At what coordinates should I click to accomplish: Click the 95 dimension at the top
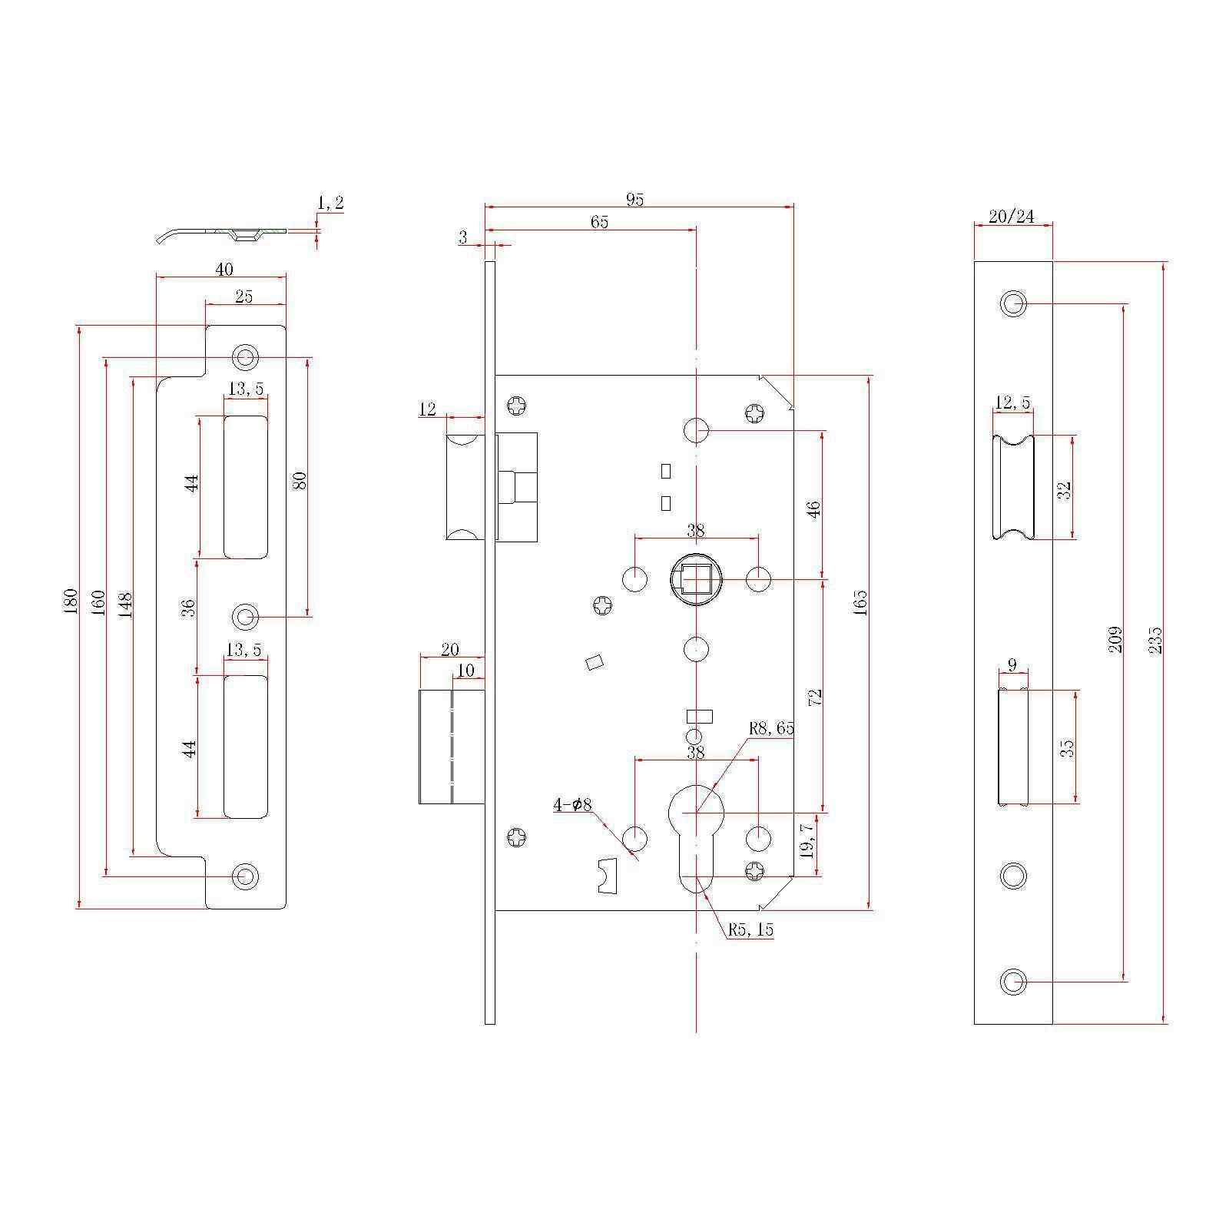pyautogui.click(x=634, y=200)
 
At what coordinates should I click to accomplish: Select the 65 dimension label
pyautogui.click(x=599, y=222)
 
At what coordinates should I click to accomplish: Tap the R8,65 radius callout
pyautogui.click(x=772, y=728)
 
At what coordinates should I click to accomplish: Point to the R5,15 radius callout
pyautogui.click(x=751, y=929)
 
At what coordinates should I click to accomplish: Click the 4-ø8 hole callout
pyautogui.click(x=572, y=805)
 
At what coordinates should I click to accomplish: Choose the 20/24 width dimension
pyautogui.click(x=1012, y=217)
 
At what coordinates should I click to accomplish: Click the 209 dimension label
pyautogui.click(x=1115, y=640)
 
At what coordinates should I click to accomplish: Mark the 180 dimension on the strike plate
pyautogui.click(x=70, y=600)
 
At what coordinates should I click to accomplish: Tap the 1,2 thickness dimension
pyautogui.click(x=330, y=203)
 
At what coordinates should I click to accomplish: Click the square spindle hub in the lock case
pyautogui.click(x=695, y=578)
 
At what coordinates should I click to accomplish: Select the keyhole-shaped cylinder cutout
pyautogui.click(x=696, y=836)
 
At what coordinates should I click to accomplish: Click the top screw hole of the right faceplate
pyautogui.click(x=1014, y=303)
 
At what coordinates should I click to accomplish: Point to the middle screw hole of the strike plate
pyautogui.click(x=246, y=616)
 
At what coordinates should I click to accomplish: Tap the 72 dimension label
pyautogui.click(x=816, y=697)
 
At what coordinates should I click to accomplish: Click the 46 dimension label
pyautogui.click(x=814, y=509)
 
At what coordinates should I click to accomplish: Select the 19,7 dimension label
pyautogui.click(x=807, y=843)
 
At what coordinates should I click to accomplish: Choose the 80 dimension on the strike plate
pyautogui.click(x=300, y=480)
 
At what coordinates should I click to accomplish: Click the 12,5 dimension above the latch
pyautogui.click(x=1012, y=402)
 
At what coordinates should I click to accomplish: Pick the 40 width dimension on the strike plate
pyautogui.click(x=224, y=269)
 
